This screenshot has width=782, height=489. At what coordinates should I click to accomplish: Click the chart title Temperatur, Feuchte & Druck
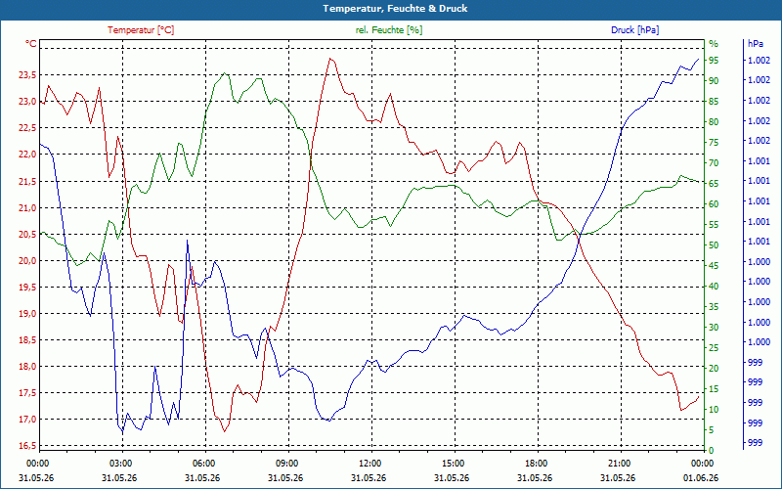[x=395, y=9]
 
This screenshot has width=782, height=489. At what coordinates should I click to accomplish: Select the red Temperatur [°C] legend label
[x=141, y=30]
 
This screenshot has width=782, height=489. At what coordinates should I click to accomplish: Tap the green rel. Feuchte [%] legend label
[x=388, y=30]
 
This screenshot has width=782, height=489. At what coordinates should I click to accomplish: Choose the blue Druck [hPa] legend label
[x=634, y=30]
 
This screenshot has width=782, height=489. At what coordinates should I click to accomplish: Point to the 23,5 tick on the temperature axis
[x=27, y=75]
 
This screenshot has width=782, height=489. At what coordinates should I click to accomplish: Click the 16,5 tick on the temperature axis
[x=27, y=446]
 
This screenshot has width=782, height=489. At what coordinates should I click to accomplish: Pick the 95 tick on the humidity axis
[x=714, y=61]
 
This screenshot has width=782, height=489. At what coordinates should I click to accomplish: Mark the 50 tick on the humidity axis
[x=714, y=245]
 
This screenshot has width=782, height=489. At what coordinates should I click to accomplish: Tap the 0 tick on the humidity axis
[x=712, y=451]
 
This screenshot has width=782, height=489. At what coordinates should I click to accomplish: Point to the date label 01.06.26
[x=701, y=478]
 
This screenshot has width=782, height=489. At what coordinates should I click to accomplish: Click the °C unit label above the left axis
[x=31, y=44]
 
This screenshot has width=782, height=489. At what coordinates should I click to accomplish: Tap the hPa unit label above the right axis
[x=755, y=44]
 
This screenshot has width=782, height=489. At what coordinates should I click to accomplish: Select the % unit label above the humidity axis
[x=714, y=44]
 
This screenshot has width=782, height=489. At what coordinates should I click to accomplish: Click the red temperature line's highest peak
[x=330, y=59]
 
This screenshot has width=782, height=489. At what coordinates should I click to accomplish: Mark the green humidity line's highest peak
[x=225, y=72]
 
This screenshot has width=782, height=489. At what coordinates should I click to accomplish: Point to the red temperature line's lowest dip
[x=225, y=431]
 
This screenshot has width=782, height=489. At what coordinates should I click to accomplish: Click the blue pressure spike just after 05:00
[x=187, y=241]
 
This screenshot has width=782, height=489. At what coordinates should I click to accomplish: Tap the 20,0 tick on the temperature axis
[x=27, y=260]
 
